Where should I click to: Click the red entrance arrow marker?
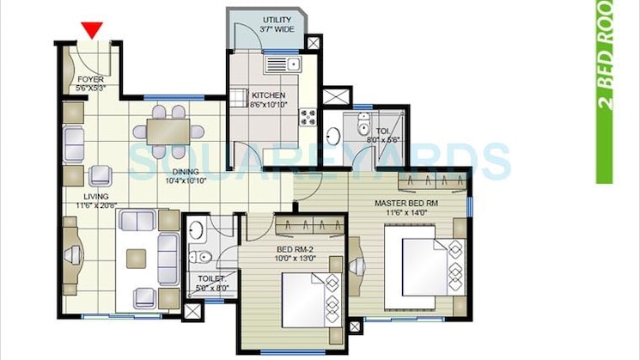[92, 30]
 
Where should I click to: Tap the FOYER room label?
[90, 83]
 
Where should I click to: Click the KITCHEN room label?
[269, 100]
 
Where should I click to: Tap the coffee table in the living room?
[137, 259]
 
